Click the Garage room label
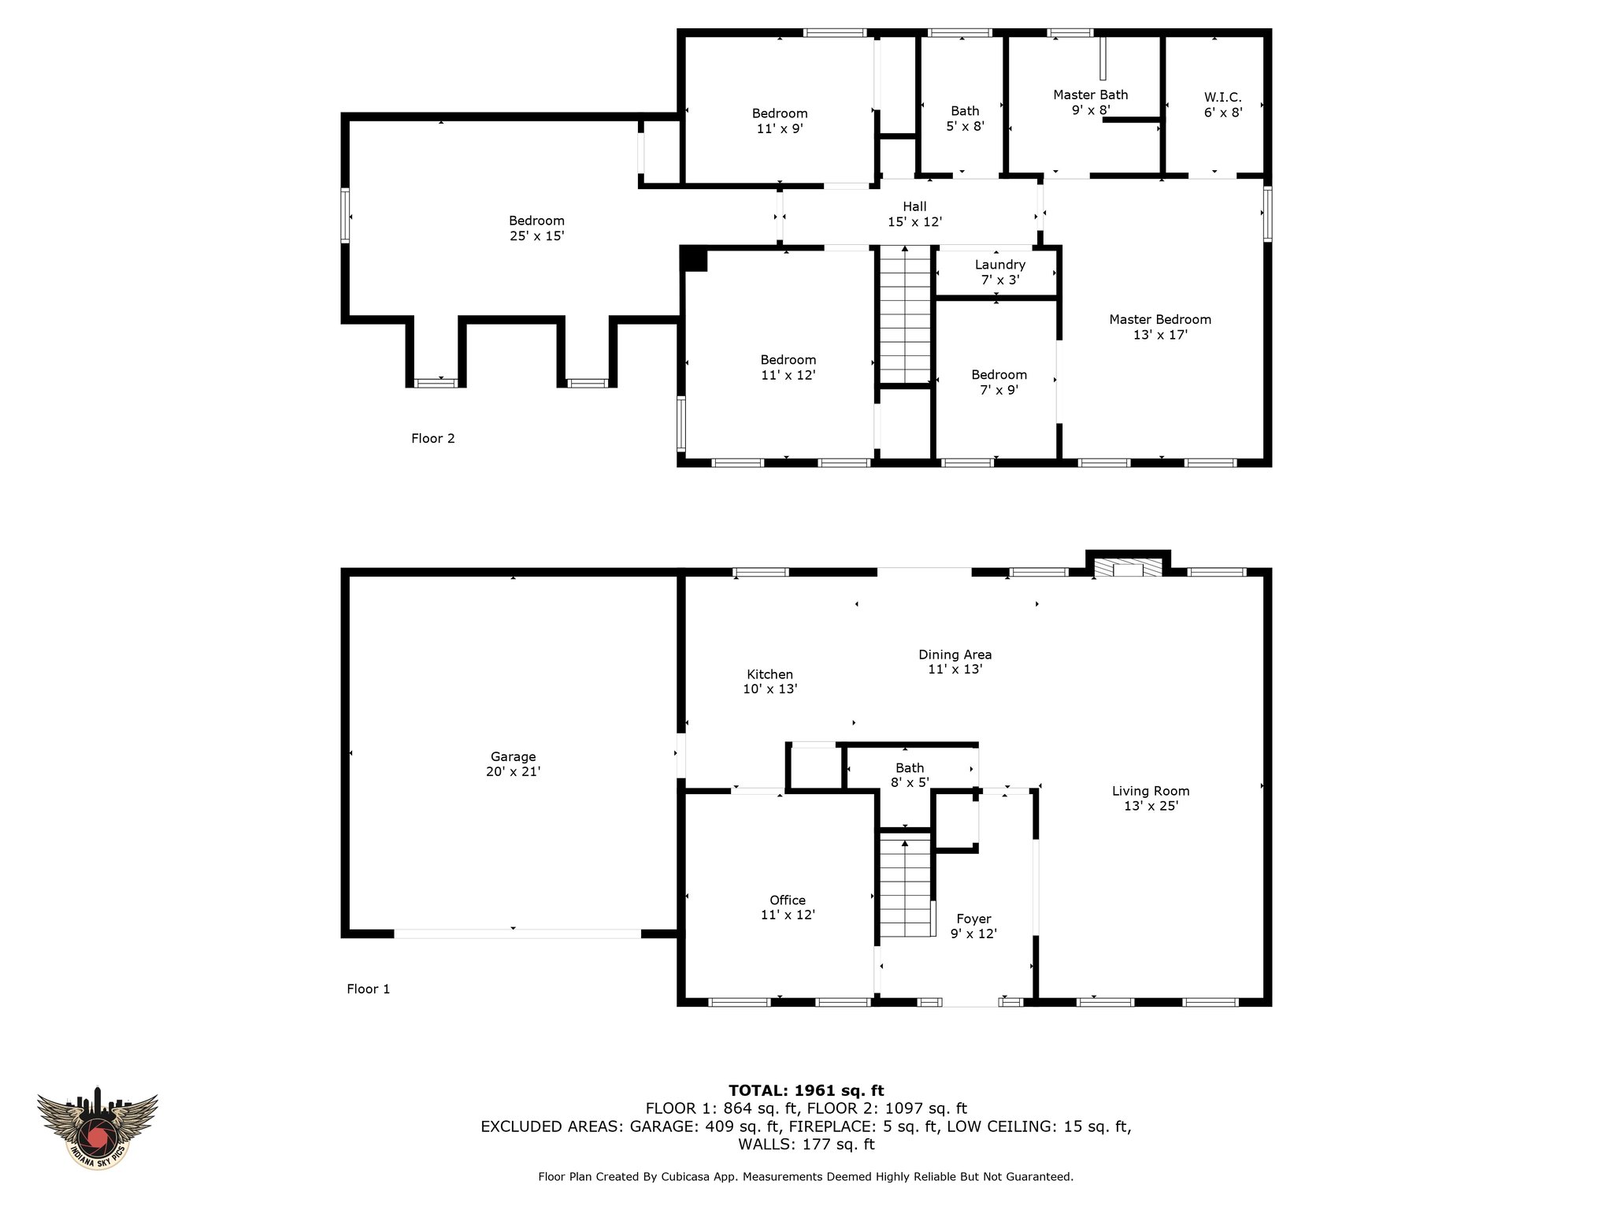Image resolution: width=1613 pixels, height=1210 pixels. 513,757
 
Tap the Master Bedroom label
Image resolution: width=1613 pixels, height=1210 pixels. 1160,319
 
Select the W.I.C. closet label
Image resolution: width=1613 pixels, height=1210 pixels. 1222,98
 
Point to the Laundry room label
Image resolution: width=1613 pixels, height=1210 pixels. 999,265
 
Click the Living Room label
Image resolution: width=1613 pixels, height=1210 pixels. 1151,791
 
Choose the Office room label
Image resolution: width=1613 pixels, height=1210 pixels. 788,900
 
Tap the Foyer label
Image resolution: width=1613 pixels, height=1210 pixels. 973,919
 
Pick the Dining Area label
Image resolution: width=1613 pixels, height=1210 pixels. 955,655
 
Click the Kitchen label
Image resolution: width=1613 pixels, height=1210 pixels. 769,674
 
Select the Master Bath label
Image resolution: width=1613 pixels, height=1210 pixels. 1090,95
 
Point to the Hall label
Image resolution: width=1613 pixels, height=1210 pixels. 914,206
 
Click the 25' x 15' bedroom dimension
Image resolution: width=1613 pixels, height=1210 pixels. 536,236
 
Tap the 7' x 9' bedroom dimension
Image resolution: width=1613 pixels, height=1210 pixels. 999,390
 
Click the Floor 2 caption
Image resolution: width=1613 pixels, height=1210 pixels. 432,438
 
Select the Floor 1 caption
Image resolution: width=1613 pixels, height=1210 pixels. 368,989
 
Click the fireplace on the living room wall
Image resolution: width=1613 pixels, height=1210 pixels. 1128,564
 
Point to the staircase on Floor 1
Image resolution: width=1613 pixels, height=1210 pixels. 906,886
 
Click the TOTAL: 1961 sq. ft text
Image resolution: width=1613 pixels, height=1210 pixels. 806,1090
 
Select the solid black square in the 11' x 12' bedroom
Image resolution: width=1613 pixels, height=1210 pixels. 694,259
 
